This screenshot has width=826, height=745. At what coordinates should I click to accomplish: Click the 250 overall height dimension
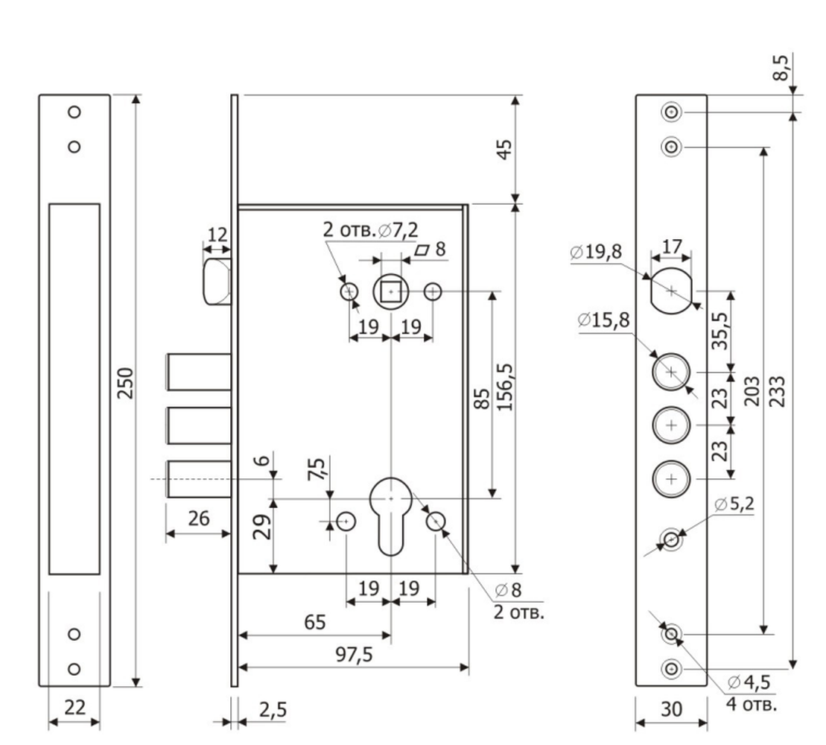125,384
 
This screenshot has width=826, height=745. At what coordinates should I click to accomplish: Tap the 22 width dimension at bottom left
74,707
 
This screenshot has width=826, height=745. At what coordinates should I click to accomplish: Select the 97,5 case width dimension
354,655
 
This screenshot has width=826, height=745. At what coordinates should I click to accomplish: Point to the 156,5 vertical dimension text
505,387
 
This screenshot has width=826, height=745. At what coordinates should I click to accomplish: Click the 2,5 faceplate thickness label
273,710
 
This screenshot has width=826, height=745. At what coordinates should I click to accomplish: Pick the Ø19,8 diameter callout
596,252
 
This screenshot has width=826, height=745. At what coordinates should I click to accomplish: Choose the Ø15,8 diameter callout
604,320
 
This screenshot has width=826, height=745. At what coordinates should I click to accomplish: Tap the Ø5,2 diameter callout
734,504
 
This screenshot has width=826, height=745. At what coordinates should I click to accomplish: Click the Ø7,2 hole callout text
398,229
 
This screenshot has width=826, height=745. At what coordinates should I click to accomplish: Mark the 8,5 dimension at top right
781,68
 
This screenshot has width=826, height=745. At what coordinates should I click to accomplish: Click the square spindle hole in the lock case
390,291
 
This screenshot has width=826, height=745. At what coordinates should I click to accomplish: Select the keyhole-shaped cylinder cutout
391,516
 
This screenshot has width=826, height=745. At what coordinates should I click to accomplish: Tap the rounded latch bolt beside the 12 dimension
216,282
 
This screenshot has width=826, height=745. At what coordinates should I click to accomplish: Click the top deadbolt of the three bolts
199,372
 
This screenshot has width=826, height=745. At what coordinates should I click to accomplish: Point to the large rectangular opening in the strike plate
74,389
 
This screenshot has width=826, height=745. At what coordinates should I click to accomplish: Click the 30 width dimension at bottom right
672,709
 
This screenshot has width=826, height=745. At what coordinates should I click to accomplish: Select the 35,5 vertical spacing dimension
719,330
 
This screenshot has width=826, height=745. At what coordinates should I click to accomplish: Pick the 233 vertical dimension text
778,391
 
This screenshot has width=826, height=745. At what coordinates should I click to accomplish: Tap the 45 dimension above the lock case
504,149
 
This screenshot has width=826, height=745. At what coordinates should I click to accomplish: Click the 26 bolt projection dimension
199,519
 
